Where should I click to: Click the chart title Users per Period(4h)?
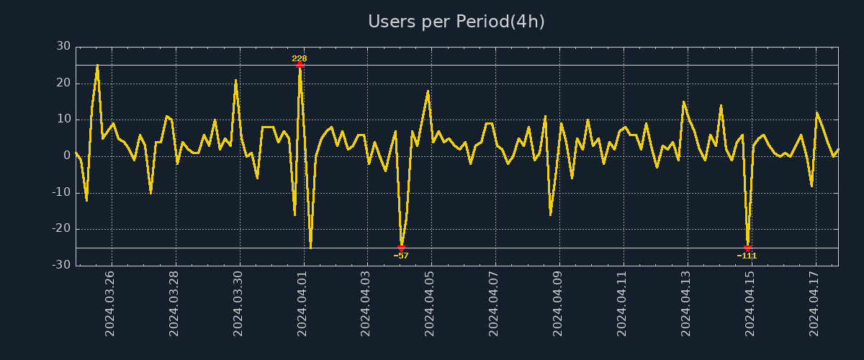(456, 22)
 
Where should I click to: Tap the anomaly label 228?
(300, 58)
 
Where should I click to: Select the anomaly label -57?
(401, 256)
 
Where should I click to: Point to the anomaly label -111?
(747, 256)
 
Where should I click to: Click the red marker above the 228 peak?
(300, 65)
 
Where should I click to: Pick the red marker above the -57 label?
(401, 248)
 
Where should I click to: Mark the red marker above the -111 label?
(747, 248)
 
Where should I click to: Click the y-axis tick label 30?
(63, 46)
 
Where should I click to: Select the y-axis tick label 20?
(63, 83)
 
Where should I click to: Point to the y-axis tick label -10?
(61, 192)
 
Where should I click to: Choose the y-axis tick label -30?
(61, 265)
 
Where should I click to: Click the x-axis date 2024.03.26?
(110, 303)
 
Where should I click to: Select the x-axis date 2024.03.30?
(238, 303)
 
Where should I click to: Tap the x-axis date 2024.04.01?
(302, 303)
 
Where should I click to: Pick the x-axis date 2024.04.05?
(431, 303)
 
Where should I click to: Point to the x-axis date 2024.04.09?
(559, 303)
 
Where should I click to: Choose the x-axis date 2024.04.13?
(687, 303)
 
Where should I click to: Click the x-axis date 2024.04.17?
(815, 303)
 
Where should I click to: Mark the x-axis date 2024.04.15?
(751, 303)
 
